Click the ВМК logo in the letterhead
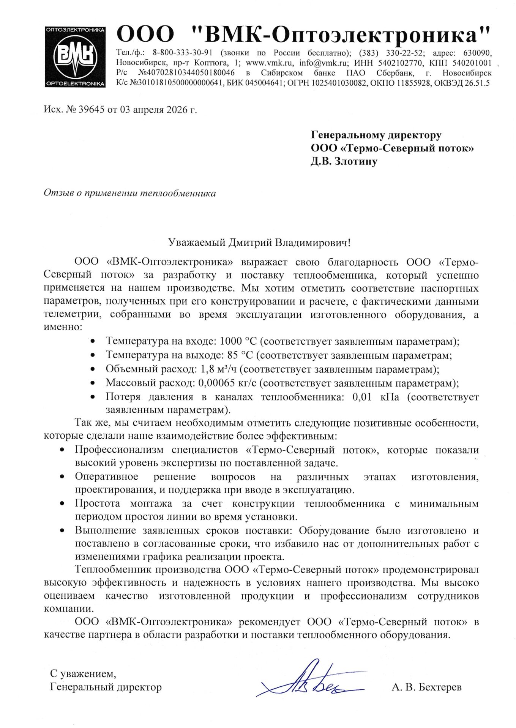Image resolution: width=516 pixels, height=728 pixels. [x=75, y=57]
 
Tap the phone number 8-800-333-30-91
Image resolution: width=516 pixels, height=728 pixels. [x=182, y=53]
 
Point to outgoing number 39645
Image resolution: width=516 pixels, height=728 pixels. [x=91, y=110]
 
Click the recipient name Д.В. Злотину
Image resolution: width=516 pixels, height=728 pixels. [x=344, y=162]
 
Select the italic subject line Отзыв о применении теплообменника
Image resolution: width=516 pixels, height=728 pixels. [x=129, y=193]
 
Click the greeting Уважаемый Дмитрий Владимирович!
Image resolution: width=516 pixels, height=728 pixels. [x=259, y=243]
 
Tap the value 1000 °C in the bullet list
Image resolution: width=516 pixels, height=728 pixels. [x=238, y=341]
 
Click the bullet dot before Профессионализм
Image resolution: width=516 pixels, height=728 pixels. [x=62, y=450]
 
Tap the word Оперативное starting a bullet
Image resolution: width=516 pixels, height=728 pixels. [x=106, y=477]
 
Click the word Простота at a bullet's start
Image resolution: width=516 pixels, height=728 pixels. [x=97, y=504]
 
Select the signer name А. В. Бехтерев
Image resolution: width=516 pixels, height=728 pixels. [x=426, y=687]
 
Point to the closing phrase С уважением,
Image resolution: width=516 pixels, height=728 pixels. [x=83, y=674]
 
